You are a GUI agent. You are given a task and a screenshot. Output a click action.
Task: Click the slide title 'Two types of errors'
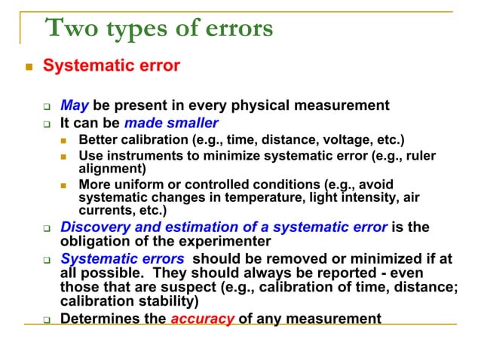pyautogui.click(x=159, y=28)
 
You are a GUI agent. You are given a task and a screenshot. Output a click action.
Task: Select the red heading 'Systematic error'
pyautogui.click(x=112, y=66)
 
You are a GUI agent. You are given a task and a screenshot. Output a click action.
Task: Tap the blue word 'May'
pyautogui.click(x=74, y=105)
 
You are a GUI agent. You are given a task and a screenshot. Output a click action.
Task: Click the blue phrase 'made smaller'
pyautogui.click(x=171, y=123)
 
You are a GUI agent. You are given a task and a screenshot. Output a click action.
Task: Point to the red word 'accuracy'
pyautogui.click(x=203, y=319)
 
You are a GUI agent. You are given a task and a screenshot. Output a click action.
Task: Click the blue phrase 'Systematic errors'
pyautogui.click(x=122, y=258)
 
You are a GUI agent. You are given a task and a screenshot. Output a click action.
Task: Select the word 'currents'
pyautogui.click(x=103, y=211)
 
